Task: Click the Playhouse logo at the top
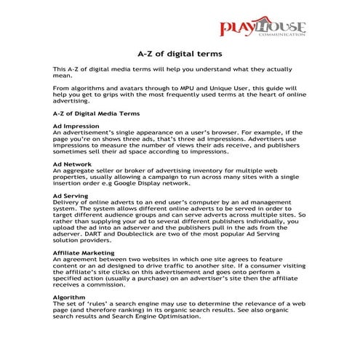[x=263, y=29]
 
